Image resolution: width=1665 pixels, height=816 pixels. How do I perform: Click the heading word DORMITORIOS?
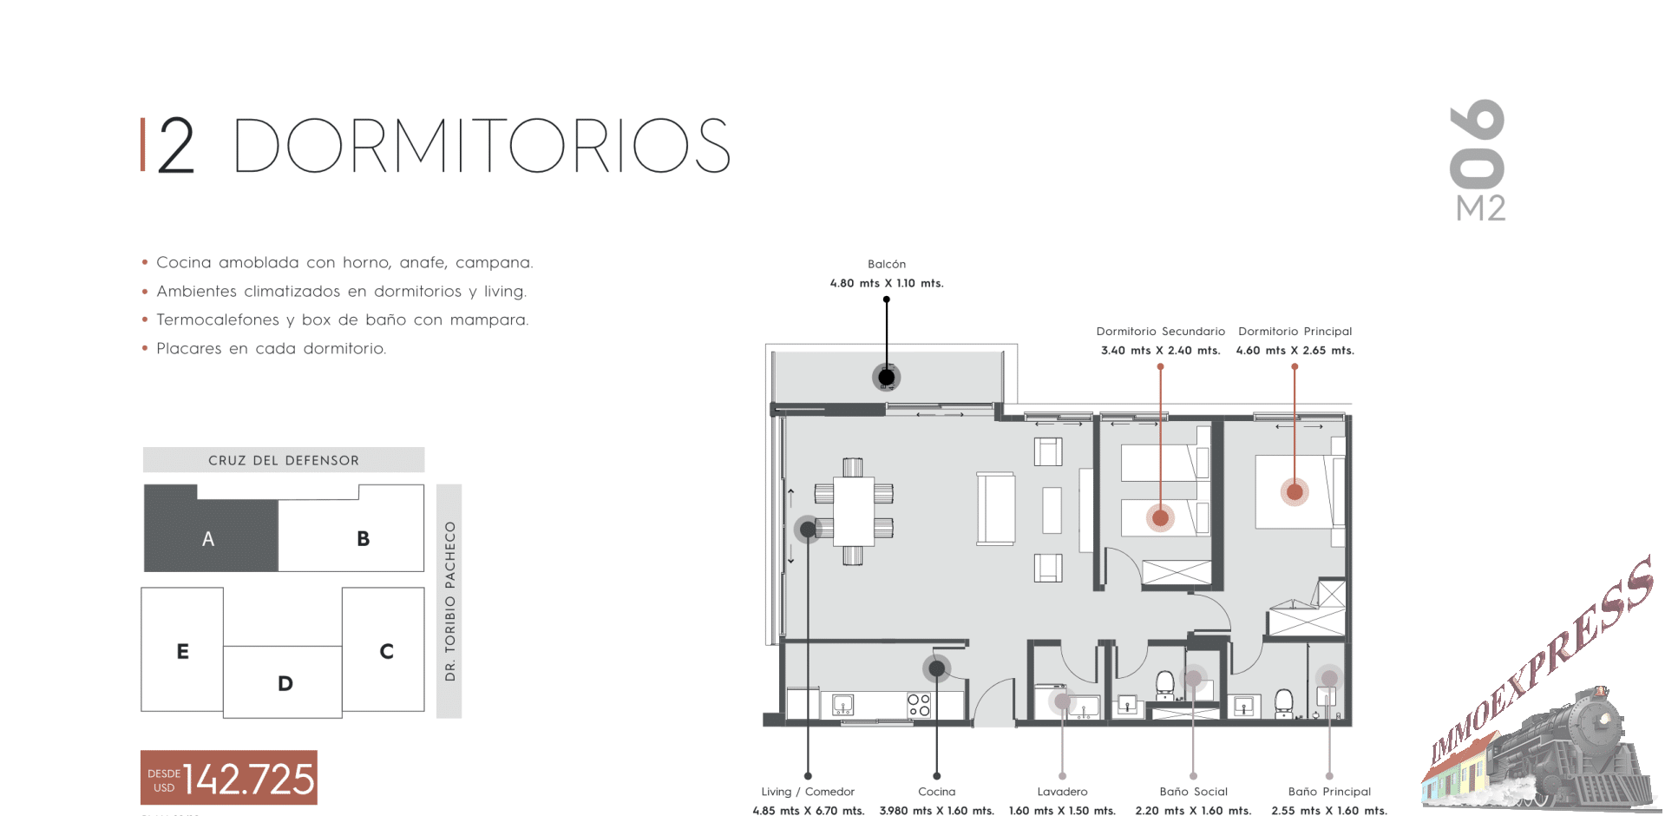click(x=482, y=145)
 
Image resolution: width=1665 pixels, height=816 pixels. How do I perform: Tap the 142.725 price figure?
click(x=248, y=779)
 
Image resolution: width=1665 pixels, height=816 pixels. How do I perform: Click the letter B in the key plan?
click(x=364, y=539)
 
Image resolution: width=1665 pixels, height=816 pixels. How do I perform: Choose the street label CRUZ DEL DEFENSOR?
click(x=284, y=460)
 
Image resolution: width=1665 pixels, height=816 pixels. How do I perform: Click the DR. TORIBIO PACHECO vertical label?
click(x=449, y=601)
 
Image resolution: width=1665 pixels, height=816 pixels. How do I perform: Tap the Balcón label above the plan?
click(x=887, y=264)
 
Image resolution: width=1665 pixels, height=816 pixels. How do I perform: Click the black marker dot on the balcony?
click(x=886, y=377)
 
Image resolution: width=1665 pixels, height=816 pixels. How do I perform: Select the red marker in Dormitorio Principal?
click(x=1295, y=492)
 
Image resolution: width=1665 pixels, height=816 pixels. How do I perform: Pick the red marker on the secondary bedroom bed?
click(x=1160, y=518)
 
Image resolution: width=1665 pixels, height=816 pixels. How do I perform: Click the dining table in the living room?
click(x=854, y=511)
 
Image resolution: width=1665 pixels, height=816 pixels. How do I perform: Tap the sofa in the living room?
click(x=996, y=509)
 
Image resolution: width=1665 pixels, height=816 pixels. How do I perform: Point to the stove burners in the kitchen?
click(x=919, y=705)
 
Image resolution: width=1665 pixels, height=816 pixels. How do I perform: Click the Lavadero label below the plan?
click(x=1062, y=792)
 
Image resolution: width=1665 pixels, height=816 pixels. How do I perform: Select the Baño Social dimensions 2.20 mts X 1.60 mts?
click(x=1193, y=811)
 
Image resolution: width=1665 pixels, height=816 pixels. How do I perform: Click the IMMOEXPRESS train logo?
click(x=1540, y=686)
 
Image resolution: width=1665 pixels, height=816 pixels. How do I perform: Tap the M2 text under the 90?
click(x=1480, y=208)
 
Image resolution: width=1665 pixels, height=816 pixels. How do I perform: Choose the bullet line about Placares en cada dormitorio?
click(x=271, y=348)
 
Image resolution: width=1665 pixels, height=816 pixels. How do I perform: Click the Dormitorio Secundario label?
click(x=1161, y=332)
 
